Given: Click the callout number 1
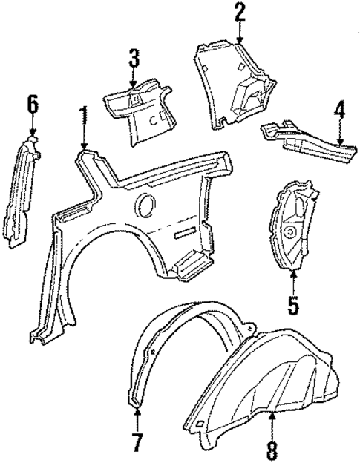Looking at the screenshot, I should coord(85,117).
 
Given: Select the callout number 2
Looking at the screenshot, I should coord(239,13).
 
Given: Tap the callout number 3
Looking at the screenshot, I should coord(132,58).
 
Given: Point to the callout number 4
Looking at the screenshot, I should coord(338,111).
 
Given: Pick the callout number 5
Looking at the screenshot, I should coord(293,303).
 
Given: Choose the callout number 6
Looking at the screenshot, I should coord(32,103).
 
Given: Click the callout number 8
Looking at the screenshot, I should coord(273,450).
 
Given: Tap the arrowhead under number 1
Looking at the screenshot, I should coord(85,147).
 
